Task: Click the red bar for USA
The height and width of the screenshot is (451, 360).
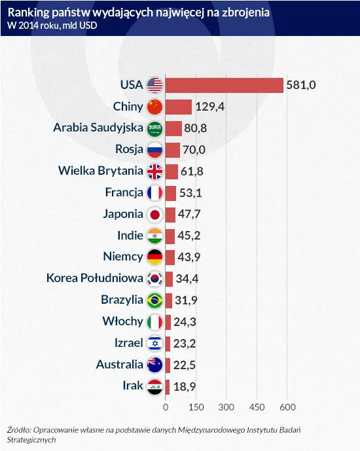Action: pos(224,85)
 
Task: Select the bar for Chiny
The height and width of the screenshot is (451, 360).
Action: pos(178,107)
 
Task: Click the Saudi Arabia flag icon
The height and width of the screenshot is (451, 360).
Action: pos(154,128)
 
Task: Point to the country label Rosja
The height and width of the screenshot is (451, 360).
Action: pos(129,149)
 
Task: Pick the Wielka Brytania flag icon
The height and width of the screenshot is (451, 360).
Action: pos(154,171)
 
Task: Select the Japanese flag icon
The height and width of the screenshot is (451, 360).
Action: pos(154,214)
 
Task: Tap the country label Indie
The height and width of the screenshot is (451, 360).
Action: pos(130,236)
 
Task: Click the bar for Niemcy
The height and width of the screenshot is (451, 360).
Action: pos(170,257)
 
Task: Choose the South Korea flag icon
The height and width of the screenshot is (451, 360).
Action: pos(154,279)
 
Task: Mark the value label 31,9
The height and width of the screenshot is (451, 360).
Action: pos(187,300)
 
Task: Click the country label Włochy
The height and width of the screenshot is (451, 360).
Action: pos(123,321)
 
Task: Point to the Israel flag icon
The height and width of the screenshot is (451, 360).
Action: pos(154,343)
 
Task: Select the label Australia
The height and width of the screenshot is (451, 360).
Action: pos(119,364)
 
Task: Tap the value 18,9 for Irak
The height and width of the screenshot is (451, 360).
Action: pos(184,386)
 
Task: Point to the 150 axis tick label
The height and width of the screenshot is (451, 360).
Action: pos(196,407)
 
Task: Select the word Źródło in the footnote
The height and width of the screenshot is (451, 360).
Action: pos(20,430)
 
